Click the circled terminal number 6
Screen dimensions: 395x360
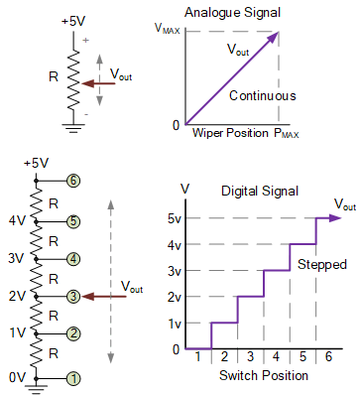tap(72, 182)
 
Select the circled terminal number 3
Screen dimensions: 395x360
tap(72, 296)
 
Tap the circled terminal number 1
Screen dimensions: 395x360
tap(72, 378)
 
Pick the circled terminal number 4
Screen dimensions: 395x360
tap(72, 259)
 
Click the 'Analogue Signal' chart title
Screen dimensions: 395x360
tap(227, 11)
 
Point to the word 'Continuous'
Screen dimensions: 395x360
tap(262, 96)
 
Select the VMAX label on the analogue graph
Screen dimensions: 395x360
tap(169, 32)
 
